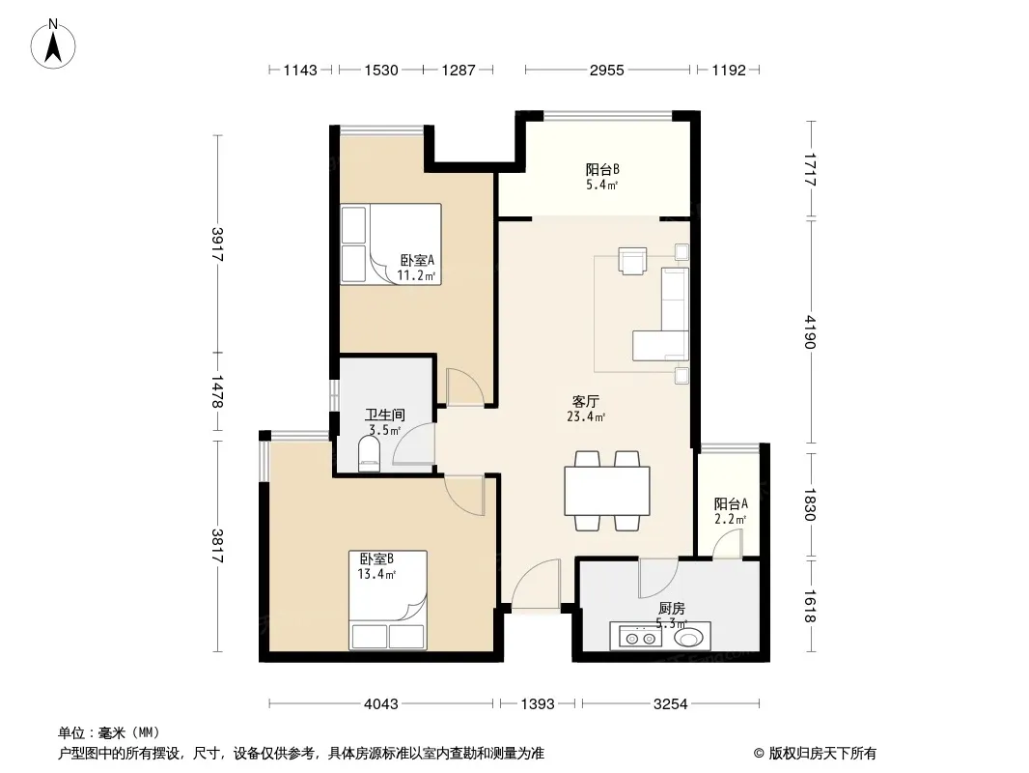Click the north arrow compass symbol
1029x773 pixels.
(53, 44)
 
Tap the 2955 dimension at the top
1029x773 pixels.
(606, 70)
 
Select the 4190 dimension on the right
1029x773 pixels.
(811, 332)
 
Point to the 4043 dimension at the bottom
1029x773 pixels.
(381, 704)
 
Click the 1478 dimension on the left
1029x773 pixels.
(217, 391)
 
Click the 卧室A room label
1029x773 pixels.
(417, 261)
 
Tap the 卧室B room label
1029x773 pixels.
(376, 558)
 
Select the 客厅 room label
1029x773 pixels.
(585, 401)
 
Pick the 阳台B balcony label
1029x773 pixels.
(602, 169)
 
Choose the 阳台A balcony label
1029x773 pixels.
(731, 503)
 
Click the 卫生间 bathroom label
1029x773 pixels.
(384, 415)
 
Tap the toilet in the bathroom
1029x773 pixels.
(370, 454)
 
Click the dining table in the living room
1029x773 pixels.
(607, 491)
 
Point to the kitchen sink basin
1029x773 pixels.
(690, 637)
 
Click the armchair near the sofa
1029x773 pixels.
(632, 260)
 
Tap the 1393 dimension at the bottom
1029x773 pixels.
(538, 704)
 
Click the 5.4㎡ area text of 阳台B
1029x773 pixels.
(601, 185)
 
